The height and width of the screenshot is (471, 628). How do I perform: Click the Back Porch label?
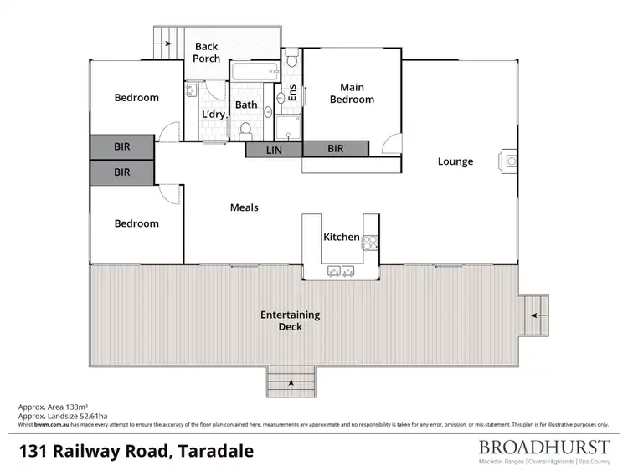tap(207, 53)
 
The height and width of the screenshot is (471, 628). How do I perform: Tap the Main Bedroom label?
tap(352, 93)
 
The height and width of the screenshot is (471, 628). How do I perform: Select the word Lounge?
tap(456, 161)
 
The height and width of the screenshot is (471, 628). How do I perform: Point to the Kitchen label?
tap(342, 238)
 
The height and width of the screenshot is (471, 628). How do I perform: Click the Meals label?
tap(245, 207)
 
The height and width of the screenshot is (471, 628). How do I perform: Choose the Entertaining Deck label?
tap(290, 320)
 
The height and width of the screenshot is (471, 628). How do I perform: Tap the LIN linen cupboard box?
tap(274, 150)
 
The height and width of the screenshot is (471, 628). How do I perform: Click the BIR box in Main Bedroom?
tap(336, 149)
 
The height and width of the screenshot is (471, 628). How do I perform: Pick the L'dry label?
tap(213, 115)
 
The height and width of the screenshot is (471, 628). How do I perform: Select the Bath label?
tap(246, 105)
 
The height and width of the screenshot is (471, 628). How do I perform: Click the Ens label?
tap(292, 92)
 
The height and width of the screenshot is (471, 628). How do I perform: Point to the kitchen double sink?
tap(340, 270)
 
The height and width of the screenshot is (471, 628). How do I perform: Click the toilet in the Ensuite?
tap(291, 60)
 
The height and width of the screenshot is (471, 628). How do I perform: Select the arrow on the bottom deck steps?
tap(291, 383)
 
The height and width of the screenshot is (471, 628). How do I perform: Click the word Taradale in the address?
tap(213, 452)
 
